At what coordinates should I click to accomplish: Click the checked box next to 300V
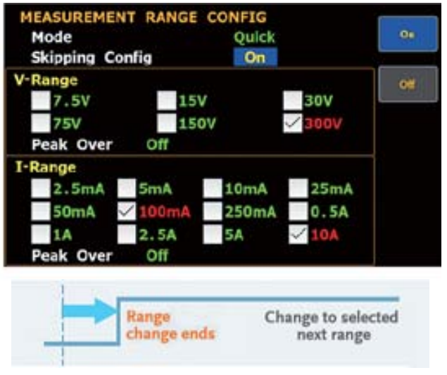pyautogui.click(x=293, y=123)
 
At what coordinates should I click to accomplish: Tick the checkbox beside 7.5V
pyautogui.click(x=41, y=101)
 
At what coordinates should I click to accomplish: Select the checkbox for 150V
pyautogui.click(x=167, y=123)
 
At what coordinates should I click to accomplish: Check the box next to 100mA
pyautogui.click(x=127, y=211)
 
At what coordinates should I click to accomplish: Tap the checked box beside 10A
pyautogui.click(x=298, y=235)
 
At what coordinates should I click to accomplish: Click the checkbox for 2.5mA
pyautogui.click(x=41, y=188)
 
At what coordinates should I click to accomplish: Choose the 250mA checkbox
pyautogui.click(x=213, y=211)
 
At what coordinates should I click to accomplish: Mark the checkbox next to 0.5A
pyautogui.click(x=298, y=211)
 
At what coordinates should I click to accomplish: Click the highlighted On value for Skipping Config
pyautogui.click(x=255, y=57)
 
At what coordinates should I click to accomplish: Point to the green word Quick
pyautogui.click(x=254, y=37)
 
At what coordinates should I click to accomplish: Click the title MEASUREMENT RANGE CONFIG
pyautogui.click(x=144, y=17)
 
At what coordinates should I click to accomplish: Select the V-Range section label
pyautogui.click(x=46, y=80)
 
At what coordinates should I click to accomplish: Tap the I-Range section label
pyautogui.click(x=46, y=168)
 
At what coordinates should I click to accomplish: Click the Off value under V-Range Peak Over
pyautogui.click(x=158, y=145)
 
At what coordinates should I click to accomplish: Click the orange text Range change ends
pyautogui.click(x=170, y=326)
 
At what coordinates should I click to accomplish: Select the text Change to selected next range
pyautogui.click(x=332, y=326)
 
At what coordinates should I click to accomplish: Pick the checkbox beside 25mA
pyautogui.click(x=298, y=188)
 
